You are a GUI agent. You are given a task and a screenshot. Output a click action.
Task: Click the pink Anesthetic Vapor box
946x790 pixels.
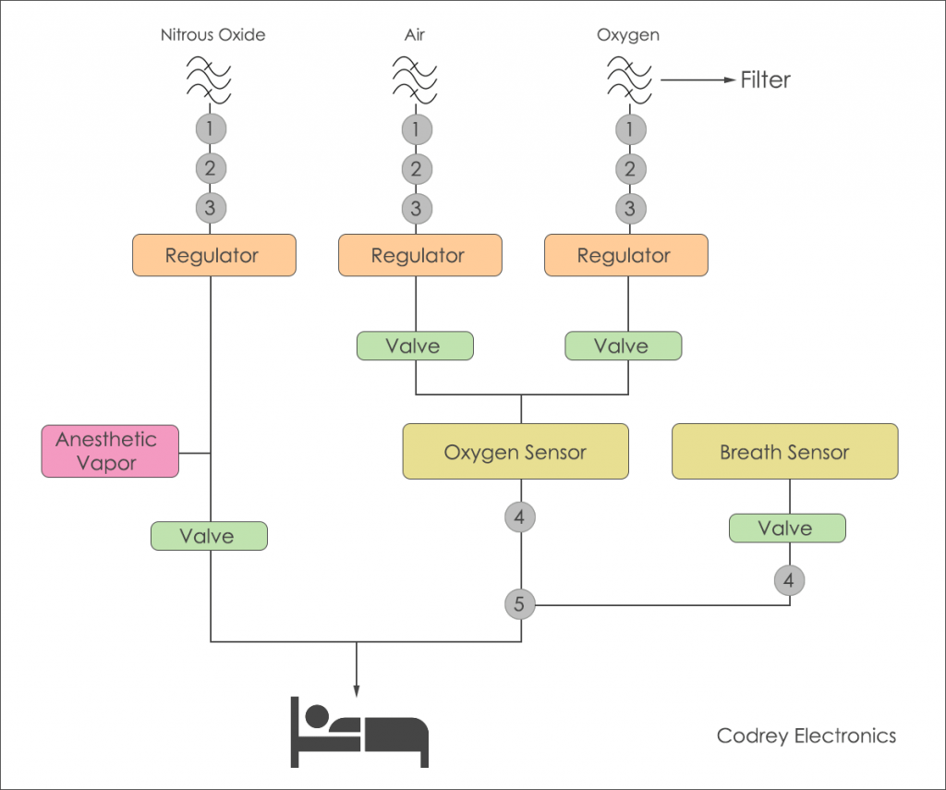tap(110, 451)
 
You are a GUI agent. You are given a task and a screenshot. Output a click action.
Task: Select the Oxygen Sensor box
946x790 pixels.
tap(515, 452)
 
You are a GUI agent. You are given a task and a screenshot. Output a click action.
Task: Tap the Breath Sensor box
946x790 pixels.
tap(784, 452)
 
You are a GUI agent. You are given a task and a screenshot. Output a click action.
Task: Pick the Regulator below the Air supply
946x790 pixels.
tap(419, 255)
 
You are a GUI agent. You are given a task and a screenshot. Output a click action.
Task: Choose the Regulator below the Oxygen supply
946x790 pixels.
tap(625, 255)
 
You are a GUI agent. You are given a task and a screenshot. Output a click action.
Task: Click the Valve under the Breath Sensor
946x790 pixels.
tap(786, 529)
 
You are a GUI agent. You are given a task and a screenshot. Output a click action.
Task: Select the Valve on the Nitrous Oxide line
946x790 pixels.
tap(209, 536)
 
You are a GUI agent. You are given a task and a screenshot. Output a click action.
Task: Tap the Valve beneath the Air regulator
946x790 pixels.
tap(415, 346)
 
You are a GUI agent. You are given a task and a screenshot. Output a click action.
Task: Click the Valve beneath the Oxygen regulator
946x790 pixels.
tap(623, 346)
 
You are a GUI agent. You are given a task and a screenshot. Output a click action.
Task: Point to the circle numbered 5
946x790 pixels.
tap(519, 605)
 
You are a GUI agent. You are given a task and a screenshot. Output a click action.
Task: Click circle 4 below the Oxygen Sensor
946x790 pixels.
tap(519, 518)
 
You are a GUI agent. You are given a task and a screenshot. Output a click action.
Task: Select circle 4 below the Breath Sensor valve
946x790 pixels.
tap(789, 581)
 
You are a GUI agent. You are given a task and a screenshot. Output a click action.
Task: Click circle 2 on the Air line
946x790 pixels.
tap(416, 169)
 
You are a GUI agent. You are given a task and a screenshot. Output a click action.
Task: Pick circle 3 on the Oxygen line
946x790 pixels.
tap(630, 209)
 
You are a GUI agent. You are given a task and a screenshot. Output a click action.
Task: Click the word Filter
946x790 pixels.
tap(766, 80)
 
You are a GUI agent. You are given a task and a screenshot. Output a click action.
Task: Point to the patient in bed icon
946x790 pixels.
tap(360, 731)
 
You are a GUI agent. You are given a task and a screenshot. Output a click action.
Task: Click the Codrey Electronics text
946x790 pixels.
tap(807, 736)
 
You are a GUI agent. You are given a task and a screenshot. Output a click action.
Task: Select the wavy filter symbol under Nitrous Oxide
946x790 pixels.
tap(210, 79)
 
